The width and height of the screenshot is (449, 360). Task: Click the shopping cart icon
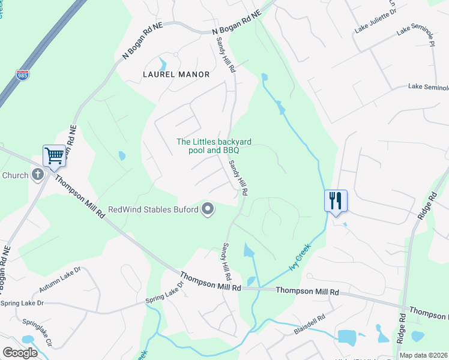[x=54, y=157]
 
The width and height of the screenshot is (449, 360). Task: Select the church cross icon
[x=37, y=175]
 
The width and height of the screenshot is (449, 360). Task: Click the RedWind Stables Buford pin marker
[x=208, y=209]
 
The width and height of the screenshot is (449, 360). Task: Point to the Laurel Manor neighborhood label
[x=176, y=74]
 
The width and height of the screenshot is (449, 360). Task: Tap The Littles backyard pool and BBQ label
[x=213, y=146]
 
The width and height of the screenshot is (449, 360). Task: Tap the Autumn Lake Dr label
[x=58, y=280]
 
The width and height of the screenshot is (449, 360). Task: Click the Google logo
[x=20, y=352]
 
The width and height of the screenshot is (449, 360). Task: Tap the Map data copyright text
[x=423, y=355]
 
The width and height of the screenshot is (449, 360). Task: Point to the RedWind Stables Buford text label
[x=154, y=210]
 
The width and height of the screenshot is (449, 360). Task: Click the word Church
[x=15, y=175]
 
